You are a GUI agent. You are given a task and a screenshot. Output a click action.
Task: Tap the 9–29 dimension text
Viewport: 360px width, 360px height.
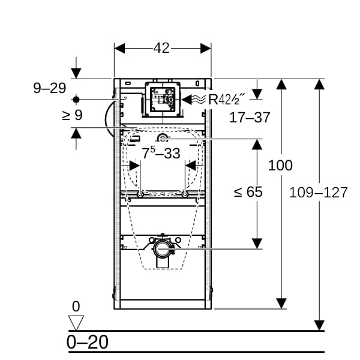pyautogui.click(x=49, y=88)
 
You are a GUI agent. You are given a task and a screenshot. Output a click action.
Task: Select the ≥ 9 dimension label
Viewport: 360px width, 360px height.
pyautogui.click(x=72, y=115)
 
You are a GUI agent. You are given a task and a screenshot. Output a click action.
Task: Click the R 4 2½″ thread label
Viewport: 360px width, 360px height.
pyautogui.click(x=229, y=100)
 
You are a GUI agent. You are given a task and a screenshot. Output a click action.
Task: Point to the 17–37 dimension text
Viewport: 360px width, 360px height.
pyautogui.click(x=250, y=118)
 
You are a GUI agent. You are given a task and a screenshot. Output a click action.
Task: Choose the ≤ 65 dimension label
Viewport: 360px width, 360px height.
pyautogui.click(x=248, y=192)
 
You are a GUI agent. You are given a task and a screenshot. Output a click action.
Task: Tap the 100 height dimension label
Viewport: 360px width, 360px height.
pyautogui.click(x=280, y=165)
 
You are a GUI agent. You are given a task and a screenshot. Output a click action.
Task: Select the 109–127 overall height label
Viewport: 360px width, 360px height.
pyautogui.click(x=318, y=193)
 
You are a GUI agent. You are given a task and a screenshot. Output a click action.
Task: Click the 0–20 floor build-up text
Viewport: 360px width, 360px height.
pyautogui.click(x=88, y=343)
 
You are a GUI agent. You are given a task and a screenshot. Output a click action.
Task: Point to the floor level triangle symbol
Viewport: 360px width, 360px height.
pyautogui.click(x=76, y=323)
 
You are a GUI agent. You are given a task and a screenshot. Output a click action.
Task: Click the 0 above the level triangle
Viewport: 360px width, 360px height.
pyautogui.click(x=76, y=307)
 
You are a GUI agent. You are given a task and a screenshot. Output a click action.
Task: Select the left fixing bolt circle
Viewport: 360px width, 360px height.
pyautogui.click(x=139, y=194)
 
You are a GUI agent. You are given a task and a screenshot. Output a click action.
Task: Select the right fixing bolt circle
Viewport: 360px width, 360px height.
pyautogui.click(x=185, y=194)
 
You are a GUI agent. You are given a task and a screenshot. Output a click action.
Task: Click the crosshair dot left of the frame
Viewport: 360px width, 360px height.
pyautogui.click(x=76, y=98)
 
